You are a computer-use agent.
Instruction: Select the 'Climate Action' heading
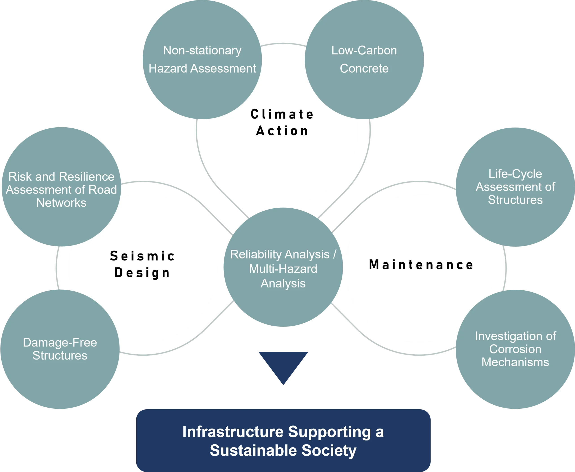(x=282, y=123)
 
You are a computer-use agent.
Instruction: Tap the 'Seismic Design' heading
(x=142, y=264)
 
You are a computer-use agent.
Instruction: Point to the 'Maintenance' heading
(x=421, y=265)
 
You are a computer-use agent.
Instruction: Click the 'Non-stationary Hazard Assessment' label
(x=202, y=59)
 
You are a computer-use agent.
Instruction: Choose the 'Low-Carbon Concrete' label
(x=364, y=59)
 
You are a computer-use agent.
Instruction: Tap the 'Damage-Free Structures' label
(x=60, y=349)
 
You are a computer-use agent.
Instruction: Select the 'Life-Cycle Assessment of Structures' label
(x=515, y=187)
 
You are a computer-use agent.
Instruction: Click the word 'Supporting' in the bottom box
(x=329, y=432)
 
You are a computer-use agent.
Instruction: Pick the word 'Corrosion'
(x=515, y=349)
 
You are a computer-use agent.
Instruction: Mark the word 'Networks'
(x=62, y=203)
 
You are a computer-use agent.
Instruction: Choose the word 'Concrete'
(x=364, y=68)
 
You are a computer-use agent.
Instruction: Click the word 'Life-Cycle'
(x=515, y=174)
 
